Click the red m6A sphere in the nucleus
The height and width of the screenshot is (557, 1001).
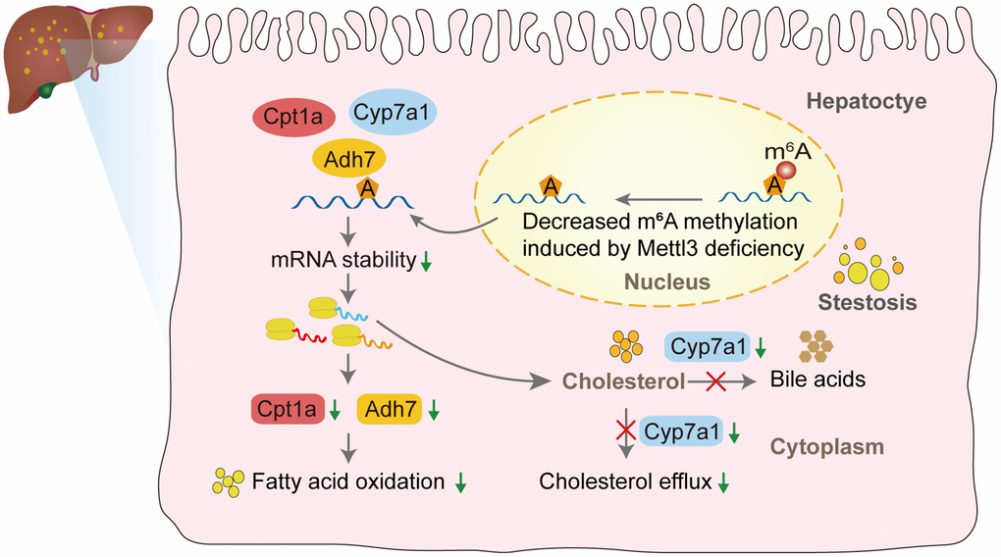tap(787, 169)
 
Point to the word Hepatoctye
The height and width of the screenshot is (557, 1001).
tap(866, 101)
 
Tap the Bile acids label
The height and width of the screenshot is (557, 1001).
tap(818, 379)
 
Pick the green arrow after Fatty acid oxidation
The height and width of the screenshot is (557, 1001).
tap(460, 482)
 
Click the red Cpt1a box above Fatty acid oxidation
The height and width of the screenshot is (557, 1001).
tap(286, 410)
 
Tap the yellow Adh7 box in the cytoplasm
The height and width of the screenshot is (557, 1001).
tap(390, 410)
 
